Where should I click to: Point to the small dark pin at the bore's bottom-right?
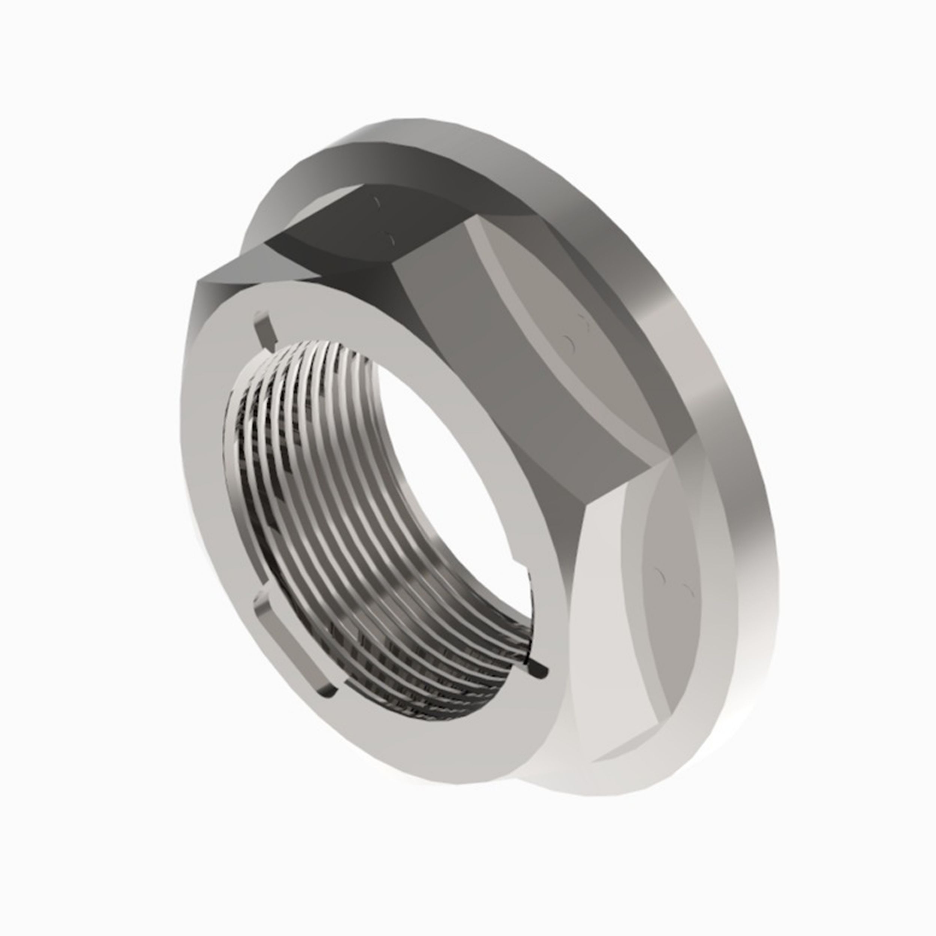coord(539,671)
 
